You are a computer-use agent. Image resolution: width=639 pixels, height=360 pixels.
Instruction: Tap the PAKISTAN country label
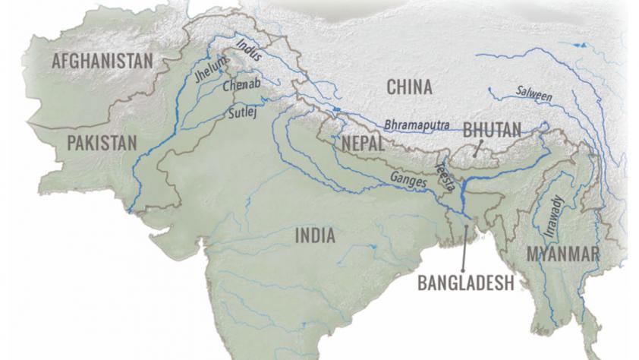(101, 142)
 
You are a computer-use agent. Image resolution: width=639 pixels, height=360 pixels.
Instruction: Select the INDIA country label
(315, 235)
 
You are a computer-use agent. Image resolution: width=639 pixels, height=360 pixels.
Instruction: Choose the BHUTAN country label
(492, 131)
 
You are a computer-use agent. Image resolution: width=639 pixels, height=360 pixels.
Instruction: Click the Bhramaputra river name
(417, 123)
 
